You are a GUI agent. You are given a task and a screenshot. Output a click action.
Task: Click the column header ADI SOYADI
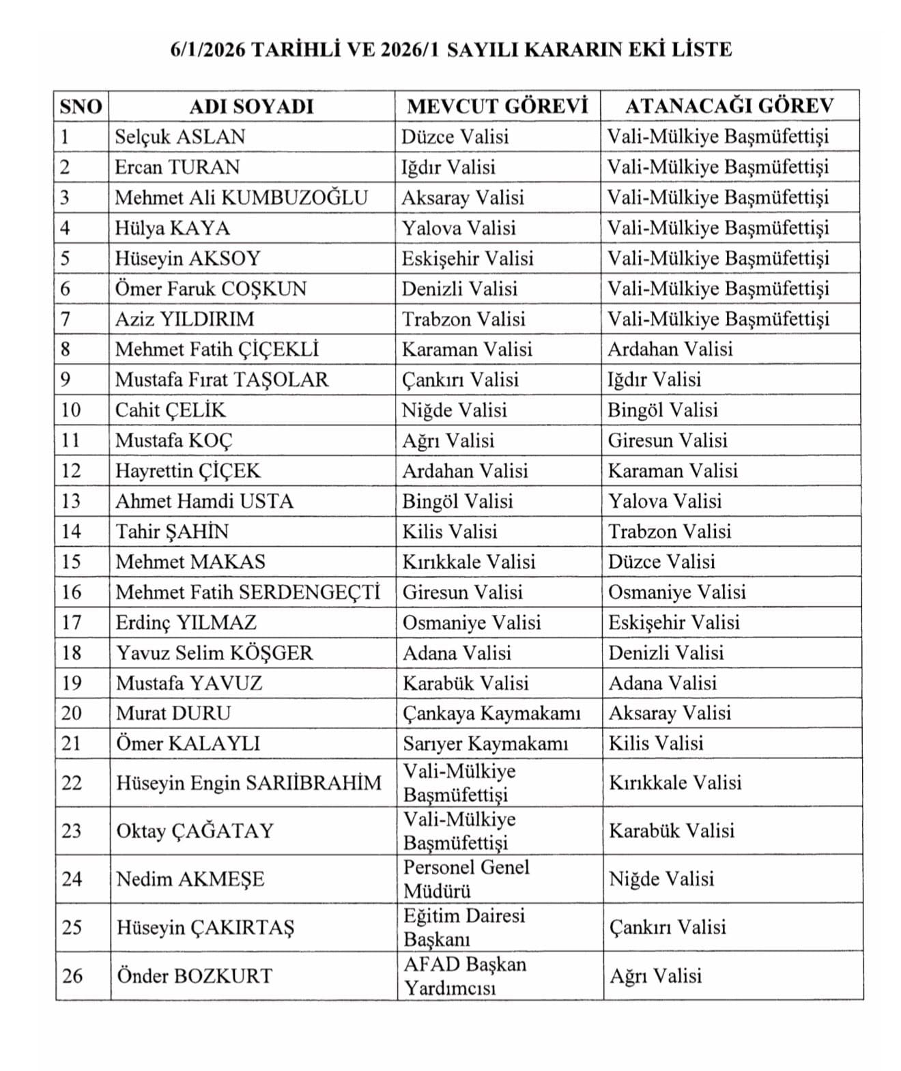(251, 106)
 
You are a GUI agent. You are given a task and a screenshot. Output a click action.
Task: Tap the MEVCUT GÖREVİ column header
(498, 106)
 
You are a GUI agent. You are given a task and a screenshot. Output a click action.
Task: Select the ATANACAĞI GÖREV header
(730, 106)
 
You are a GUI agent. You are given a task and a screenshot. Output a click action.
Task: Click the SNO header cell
(81, 106)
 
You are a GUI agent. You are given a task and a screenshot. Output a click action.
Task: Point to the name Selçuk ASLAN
(180, 137)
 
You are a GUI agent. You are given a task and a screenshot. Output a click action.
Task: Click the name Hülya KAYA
(172, 228)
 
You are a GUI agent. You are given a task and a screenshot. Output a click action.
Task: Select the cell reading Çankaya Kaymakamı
(491, 713)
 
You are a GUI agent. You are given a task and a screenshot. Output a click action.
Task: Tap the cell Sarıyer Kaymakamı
(485, 743)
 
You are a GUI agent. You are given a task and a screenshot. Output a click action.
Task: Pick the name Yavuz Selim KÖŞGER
(214, 653)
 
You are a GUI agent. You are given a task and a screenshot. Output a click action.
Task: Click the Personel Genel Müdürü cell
(466, 879)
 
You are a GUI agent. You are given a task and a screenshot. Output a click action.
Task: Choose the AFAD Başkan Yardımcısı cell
(465, 975)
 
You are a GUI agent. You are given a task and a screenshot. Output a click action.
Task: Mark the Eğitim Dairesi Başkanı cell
(464, 927)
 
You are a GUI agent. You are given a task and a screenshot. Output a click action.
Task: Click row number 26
(72, 975)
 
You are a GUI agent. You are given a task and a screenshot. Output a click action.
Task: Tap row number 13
(71, 501)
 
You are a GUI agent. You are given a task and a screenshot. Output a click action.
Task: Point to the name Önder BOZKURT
(195, 975)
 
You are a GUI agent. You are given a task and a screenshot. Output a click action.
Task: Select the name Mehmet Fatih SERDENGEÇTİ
(248, 592)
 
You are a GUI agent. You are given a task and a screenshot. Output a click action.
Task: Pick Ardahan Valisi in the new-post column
(670, 349)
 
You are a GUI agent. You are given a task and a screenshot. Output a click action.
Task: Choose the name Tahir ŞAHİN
(172, 532)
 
